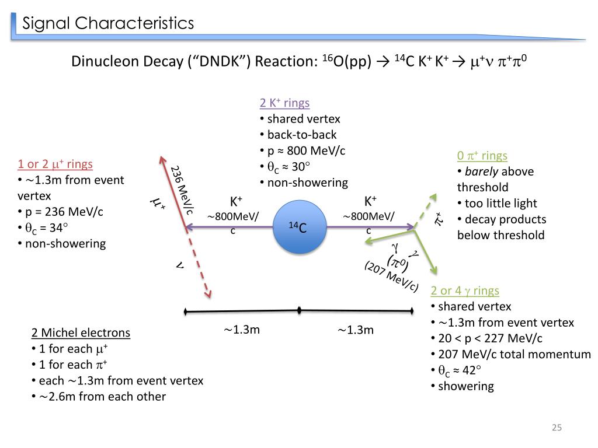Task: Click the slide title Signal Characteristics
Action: pyautogui.click(x=108, y=23)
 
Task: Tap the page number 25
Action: pyautogui.click(x=556, y=429)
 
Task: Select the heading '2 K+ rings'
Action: pyautogui.click(x=284, y=103)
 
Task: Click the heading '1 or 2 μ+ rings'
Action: pyautogui.click(x=55, y=164)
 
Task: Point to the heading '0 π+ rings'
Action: pyautogui.click(x=482, y=156)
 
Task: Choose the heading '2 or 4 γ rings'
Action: pyautogui.click(x=465, y=290)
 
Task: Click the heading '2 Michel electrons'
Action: pyautogui.click(x=81, y=333)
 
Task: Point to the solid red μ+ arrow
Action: pyautogui.click(x=172, y=192)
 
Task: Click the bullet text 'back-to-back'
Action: pyautogui.click(x=302, y=135)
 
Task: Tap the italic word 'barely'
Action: pyautogui.click(x=481, y=171)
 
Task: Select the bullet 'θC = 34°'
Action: pyautogui.click(x=47, y=228)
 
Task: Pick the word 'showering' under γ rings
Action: pyautogui.click(x=466, y=386)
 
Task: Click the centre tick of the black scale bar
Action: pyautogui.click(x=300, y=310)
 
